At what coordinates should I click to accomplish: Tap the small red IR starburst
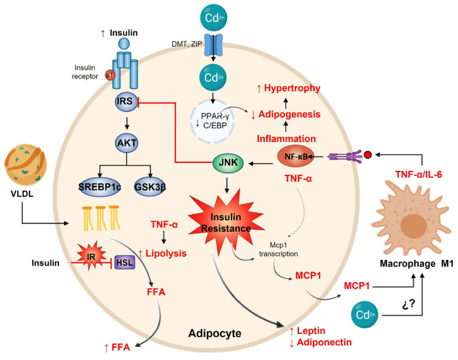tap(75, 261)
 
